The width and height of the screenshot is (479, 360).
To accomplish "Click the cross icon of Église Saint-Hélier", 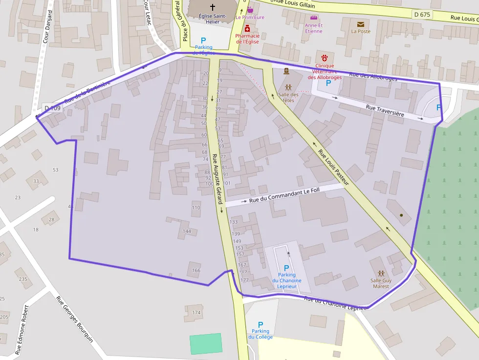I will click(213, 7).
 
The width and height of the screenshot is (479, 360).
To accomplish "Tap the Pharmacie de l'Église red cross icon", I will click(247, 29).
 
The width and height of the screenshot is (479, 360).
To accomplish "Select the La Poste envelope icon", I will click(361, 24).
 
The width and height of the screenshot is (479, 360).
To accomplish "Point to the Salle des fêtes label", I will click(288, 97).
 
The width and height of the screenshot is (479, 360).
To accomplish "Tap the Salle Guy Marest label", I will click(381, 283).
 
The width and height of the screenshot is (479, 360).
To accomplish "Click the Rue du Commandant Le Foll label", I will click(284, 195).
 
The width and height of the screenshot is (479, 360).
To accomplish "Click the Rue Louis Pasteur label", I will click(334, 167).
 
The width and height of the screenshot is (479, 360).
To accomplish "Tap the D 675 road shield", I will click(422, 15).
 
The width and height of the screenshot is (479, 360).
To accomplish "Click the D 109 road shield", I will click(53, 108).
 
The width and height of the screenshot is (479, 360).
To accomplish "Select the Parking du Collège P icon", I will click(261, 324).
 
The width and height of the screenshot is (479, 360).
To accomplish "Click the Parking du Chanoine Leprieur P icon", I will click(286, 268).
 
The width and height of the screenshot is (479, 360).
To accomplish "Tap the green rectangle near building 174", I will click(206, 344).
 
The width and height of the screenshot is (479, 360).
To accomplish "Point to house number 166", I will click(196, 270).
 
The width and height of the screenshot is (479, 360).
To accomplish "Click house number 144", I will click(186, 231).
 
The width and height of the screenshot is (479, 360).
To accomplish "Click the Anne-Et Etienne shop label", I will click(313, 28).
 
